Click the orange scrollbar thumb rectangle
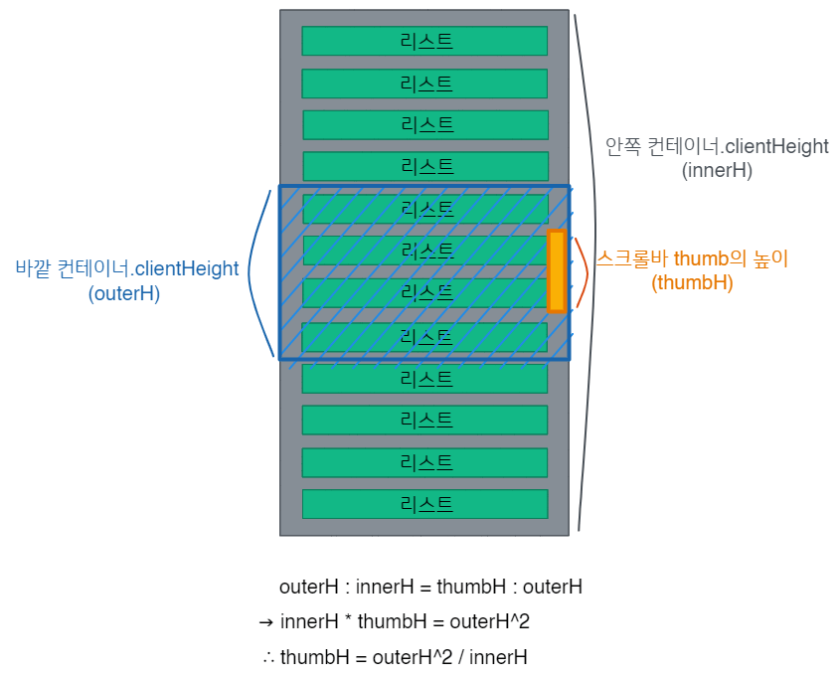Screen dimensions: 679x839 point(557,271)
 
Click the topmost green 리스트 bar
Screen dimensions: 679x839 point(424,41)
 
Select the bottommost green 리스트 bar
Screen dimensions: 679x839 point(424,504)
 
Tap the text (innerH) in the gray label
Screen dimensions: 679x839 point(717,170)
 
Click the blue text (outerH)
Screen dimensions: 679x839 point(124,294)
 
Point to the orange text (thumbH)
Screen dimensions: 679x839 point(692,283)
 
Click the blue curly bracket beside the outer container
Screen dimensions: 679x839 point(256,271)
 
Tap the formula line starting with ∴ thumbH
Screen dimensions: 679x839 point(395,657)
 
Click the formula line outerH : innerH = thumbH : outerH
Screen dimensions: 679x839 point(430,587)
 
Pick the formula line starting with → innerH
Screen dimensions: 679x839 point(395,622)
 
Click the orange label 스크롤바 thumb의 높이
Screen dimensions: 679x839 point(692,258)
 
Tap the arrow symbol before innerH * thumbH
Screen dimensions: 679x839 point(265,622)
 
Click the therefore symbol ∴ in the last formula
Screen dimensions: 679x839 point(268,657)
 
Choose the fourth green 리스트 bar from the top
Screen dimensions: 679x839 point(424,166)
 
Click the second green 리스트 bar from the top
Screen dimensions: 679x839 point(424,84)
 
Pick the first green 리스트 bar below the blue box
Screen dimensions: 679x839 point(424,379)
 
